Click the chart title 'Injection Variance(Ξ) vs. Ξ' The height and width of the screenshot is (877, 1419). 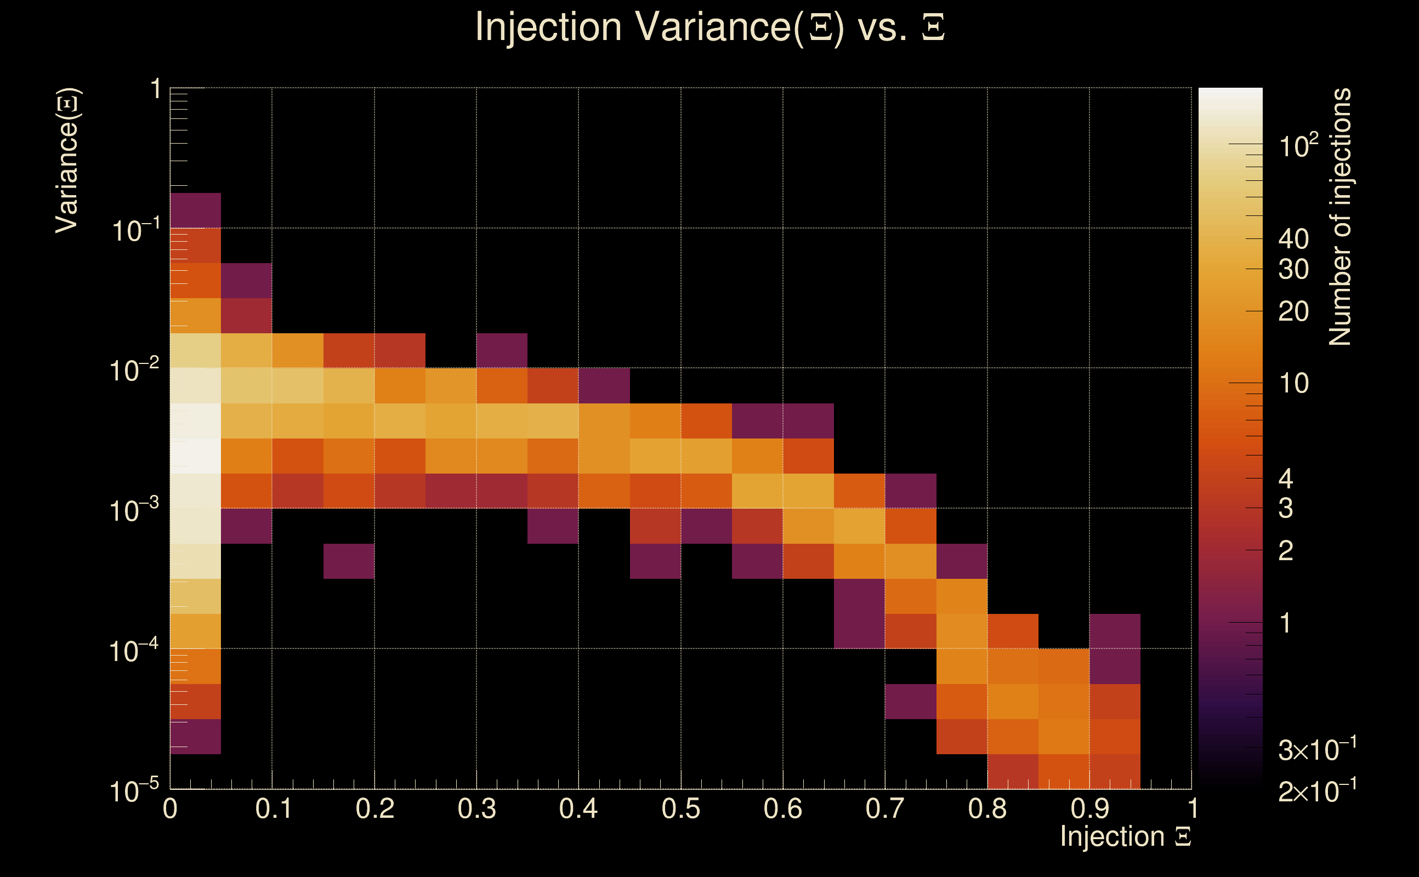(709, 27)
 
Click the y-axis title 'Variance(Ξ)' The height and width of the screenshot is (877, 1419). (67, 160)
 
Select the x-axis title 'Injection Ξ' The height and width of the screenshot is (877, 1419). (1125, 836)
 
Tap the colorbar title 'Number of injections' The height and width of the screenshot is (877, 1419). (1339, 217)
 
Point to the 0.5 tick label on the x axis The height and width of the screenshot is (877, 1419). (680, 808)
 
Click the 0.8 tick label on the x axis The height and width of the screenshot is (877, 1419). (987, 808)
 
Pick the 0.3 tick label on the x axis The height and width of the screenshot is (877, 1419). (476, 808)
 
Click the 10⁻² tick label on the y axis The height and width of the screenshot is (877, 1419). (134, 369)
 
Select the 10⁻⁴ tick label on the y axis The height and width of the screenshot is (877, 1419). (134, 650)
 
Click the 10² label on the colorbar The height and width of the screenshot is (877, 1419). (1298, 145)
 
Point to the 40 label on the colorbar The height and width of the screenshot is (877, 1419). (1293, 239)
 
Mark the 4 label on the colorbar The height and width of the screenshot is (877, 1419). (1286, 479)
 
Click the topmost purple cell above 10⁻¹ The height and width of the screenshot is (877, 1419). (196, 210)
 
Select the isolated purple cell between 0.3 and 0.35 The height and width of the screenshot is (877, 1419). (502, 350)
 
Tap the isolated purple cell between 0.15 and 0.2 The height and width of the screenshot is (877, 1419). (349, 561)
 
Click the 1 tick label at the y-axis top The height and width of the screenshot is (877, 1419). (156, 90)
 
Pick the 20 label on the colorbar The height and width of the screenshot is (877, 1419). (1293, 312)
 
